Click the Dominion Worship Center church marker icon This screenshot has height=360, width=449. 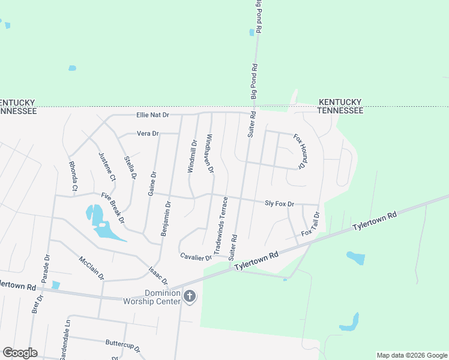click(x=190, y=296)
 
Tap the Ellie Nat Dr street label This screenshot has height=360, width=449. click(x=153, y=115)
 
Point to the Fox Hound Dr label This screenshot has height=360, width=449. click(x=300, y=150)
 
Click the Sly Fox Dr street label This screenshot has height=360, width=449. click(x=279, y=204)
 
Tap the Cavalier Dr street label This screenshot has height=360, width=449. click(x=196, y=257)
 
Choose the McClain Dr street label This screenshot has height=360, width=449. click(x=91, y=268)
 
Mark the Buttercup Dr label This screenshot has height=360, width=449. click(x=122, y=346)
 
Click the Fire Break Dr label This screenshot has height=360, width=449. click(x=112, y=208)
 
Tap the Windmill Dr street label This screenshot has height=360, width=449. click(x=191, y=157)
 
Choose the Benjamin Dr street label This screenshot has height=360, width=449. click(x=166, y=219)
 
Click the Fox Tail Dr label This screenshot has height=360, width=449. click(x=310, y=224)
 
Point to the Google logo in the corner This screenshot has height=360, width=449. click(x=20, y=352)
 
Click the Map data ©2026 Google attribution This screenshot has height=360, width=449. click(x=412, y=355)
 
